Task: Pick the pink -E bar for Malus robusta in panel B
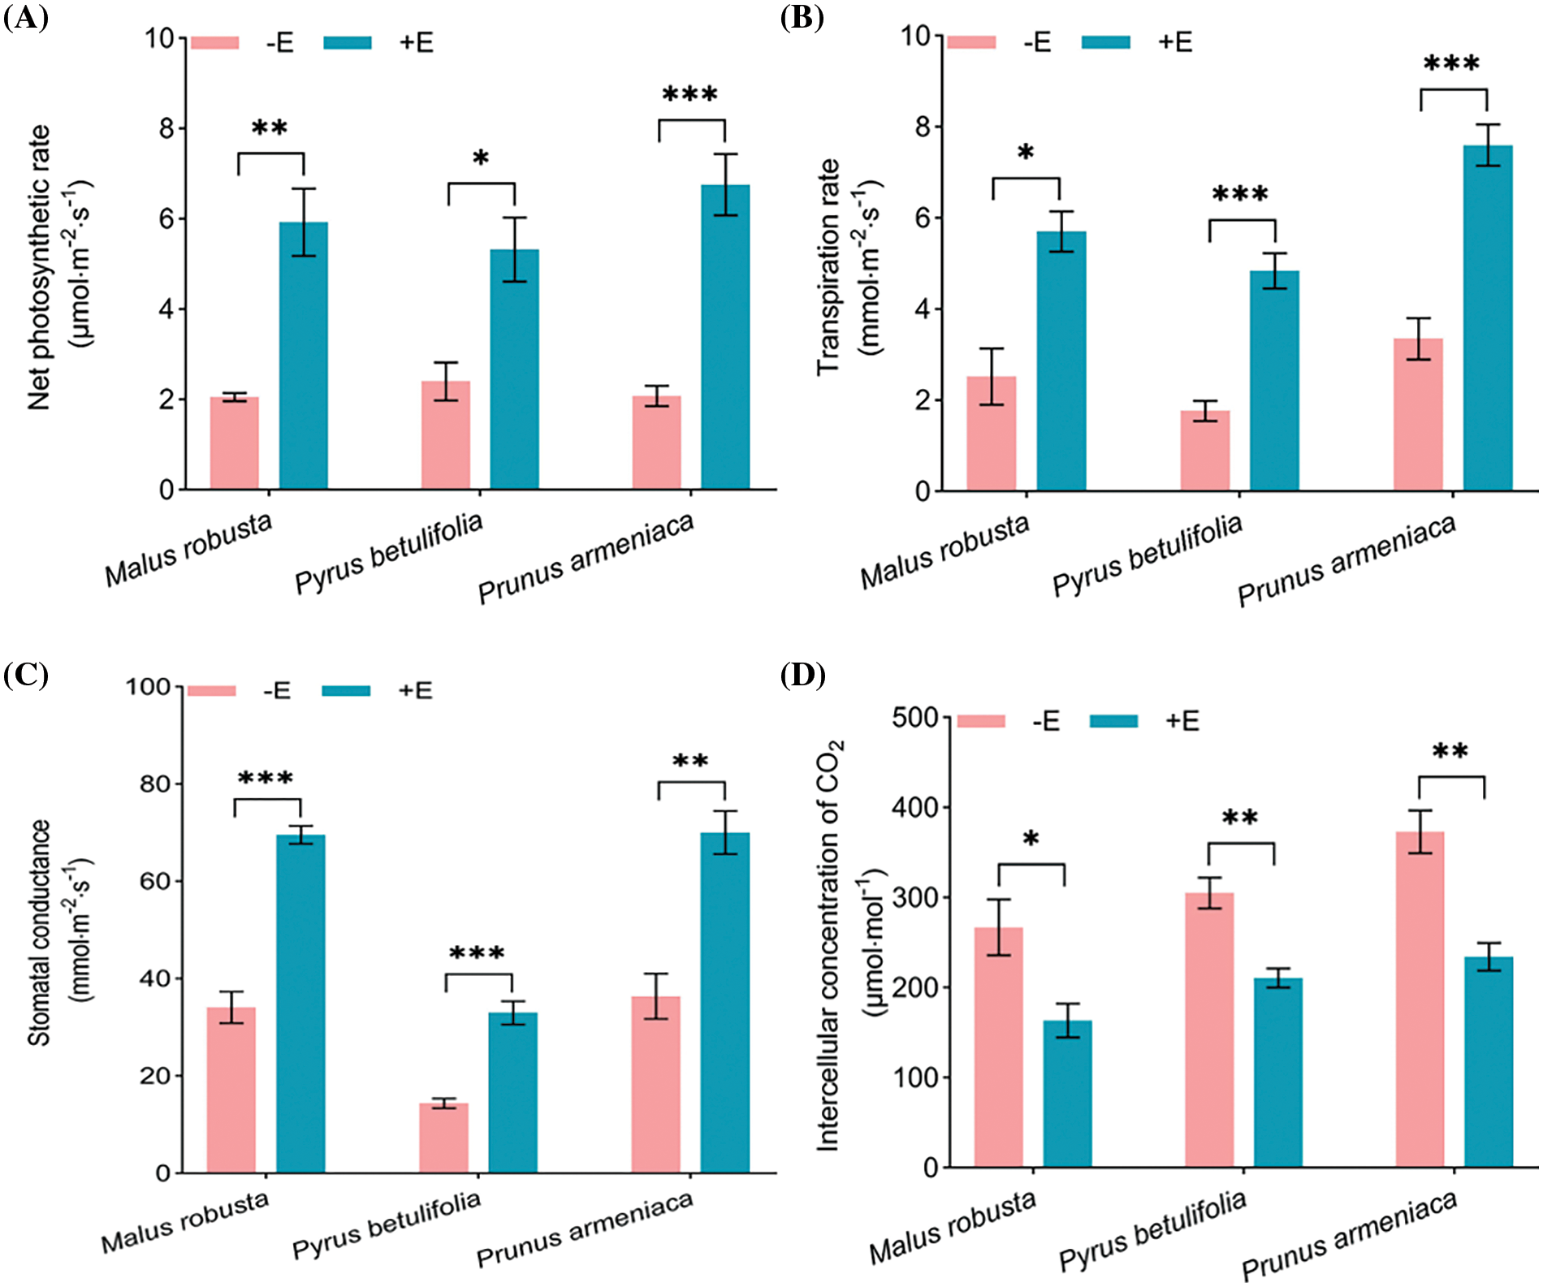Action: pos(991,434)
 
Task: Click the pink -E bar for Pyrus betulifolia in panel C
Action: pos(443,1138)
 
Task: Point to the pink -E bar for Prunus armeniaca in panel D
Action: pos(1420,1000)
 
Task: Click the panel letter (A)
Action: pos(25,18)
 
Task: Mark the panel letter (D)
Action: pos(802,675)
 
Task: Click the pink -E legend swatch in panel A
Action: pos(215,42)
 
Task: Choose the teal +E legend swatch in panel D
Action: pos(1113,721)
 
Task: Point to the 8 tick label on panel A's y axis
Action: pos(166,128)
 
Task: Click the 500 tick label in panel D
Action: pos(914,718)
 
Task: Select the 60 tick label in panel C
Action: pos(154,881)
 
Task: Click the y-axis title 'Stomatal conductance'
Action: pos(40,932)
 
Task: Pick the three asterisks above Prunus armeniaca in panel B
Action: pos(1452,63)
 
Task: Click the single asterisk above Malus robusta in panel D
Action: pos(1031,839)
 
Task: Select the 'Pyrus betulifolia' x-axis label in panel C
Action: pos(387,1225)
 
